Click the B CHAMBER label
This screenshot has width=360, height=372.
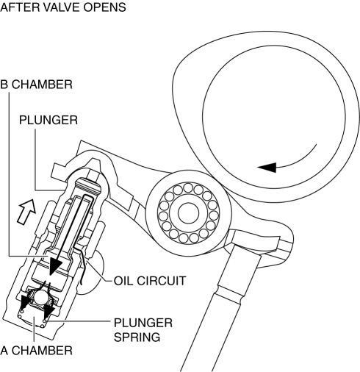pyautogui.click(x=36, y=85)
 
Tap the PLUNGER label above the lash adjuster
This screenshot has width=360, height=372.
pyautogui.click(x=48, y=120)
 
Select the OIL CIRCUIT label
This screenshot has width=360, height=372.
pyautogui.click(x=150, y=281)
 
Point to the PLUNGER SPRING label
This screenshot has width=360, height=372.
pyautogui.click(x=143, y=330)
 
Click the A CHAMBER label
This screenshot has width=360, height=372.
pyautogui.click(x=36, y=351)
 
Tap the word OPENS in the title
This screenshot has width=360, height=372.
pyautogui.click(x=104, y=7)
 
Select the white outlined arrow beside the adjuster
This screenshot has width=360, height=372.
pyautogui.click(x=26, y=211)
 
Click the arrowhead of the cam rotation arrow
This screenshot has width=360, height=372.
pyautogui.click(x=267, y=168)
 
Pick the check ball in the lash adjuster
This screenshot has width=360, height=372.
pyautogui.click(x=41, y=298)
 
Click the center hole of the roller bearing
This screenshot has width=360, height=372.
pyautogui.click(x=188, y=212)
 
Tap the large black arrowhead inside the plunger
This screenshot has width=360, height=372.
pyautogui.click(x=55, y=266)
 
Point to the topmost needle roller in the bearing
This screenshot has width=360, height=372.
pyautogui.click(x=188, y=188)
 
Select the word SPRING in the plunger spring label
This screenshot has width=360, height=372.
pyautogui.click(x=137, y=337)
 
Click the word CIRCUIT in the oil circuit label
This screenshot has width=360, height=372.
pyautogui.click(x=161, y=281)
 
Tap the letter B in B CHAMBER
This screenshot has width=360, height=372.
pyautogui.click(x=4, y=85)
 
